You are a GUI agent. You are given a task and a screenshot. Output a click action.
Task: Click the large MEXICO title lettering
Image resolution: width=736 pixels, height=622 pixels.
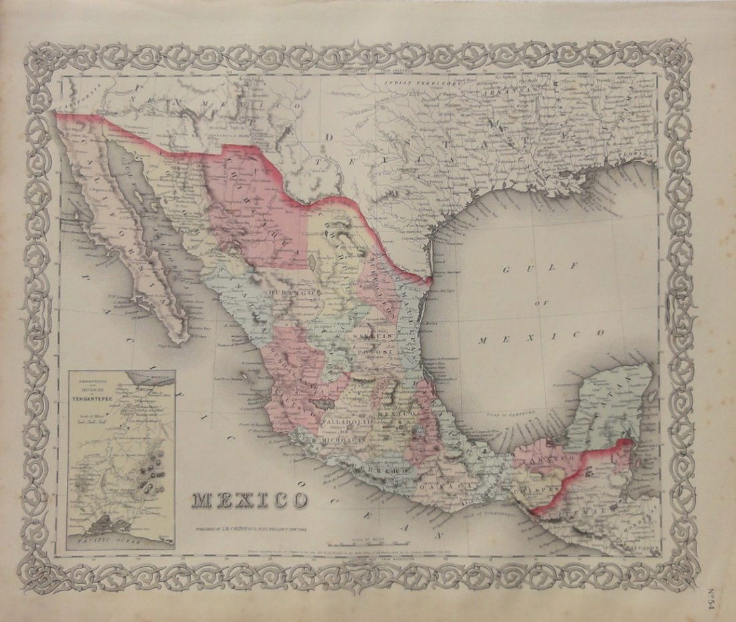[251, 500]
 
